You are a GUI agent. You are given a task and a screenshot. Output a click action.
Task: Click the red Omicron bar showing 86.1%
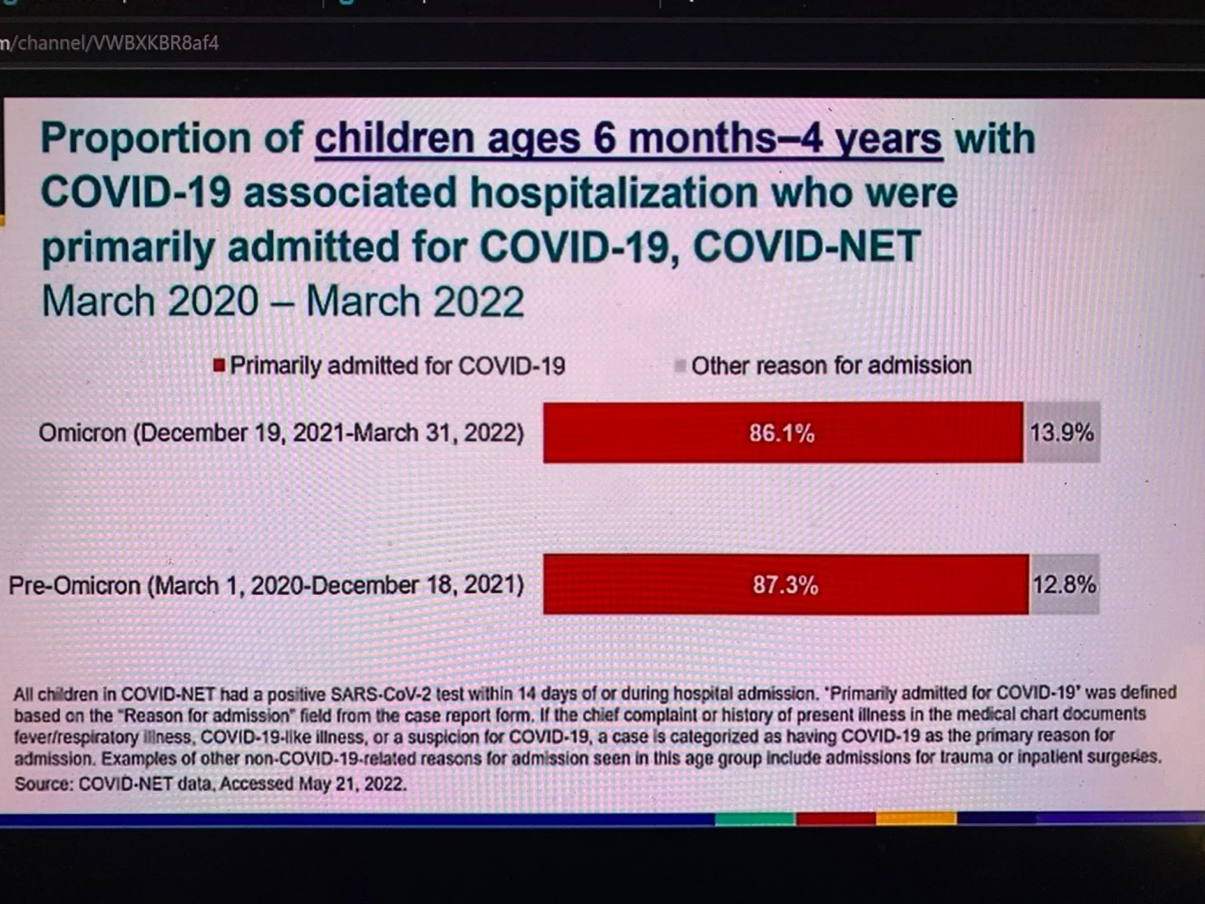click(782, 433)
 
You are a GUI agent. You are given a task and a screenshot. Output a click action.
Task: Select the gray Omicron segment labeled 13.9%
click(1062, 433)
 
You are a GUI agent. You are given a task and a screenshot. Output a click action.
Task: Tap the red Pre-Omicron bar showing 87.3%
click(785, 584)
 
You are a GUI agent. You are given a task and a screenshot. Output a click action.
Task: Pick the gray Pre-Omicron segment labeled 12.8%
click(1064, 584)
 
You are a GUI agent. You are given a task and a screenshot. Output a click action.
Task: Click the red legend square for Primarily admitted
click(219, 365)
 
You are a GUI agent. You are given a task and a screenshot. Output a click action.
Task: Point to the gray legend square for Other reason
click(680, 365)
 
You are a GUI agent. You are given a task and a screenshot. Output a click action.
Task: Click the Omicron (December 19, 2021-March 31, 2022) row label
click(281, 433)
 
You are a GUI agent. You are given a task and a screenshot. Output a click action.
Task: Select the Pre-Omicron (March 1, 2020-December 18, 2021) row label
click(266, 585)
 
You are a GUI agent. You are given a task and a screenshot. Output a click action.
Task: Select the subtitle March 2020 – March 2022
click(282, 302)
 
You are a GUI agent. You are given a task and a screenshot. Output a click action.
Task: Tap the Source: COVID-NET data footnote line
click(210, 784)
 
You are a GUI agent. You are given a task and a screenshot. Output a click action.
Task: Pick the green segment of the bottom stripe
click(755, 819)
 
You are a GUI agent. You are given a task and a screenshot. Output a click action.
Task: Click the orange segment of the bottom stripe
click(915, 819)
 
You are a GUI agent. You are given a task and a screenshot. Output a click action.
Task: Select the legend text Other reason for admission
click(831, 365)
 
